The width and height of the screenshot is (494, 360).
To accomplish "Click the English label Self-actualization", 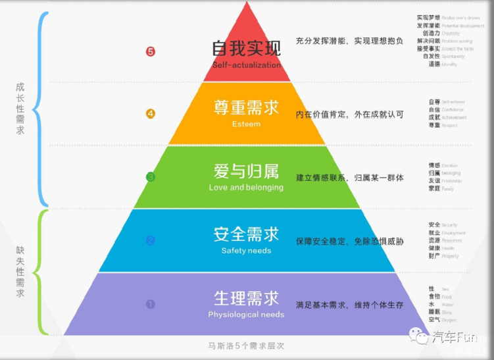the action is [x=247, y=65].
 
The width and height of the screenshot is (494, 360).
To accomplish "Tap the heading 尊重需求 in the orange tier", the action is [x=247, y=108].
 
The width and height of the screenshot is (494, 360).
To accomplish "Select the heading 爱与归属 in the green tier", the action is [x=247, y=171].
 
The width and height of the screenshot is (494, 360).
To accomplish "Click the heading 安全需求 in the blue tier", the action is [x=247, y=234].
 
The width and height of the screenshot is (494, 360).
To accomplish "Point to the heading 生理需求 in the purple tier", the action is [x=247, y=297].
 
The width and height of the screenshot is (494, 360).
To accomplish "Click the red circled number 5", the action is [x=151, y=51].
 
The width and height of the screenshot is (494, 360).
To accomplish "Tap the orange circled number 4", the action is [x=151, y=114].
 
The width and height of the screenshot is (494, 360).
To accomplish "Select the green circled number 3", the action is [x=151, y=176].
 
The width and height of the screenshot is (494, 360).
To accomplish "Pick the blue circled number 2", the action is [x=151, y=240].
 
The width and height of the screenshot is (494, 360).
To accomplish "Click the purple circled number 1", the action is [x=151, y=304].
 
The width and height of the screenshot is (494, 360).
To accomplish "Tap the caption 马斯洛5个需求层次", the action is [x=247, y=346].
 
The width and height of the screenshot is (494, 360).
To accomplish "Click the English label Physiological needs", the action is [x=247, y=314].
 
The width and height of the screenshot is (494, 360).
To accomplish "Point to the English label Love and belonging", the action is [x=247, y=187].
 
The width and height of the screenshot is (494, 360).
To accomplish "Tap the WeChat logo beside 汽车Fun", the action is [x=418, y=336].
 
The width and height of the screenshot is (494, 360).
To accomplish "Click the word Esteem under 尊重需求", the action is [x=247, y=124].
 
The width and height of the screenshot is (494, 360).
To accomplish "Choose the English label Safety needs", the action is [x=247, y=250].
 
